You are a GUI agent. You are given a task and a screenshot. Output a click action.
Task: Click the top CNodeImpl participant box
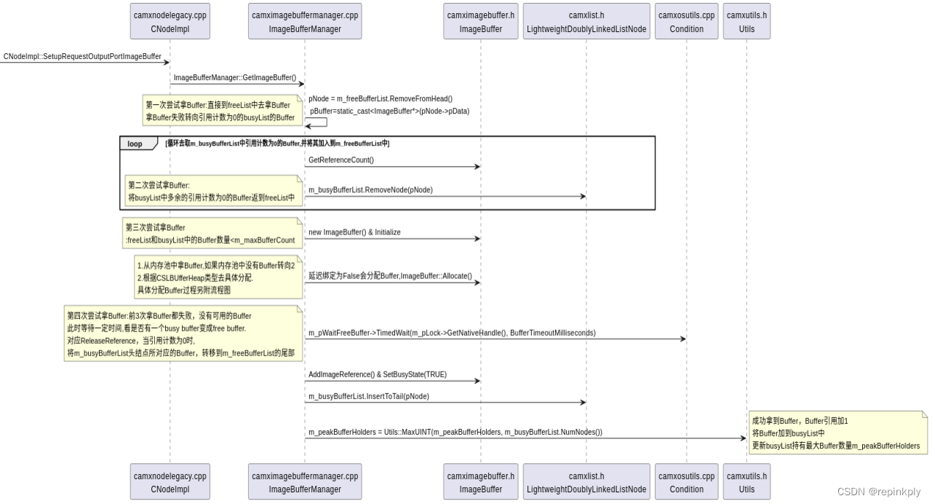pos(170,21)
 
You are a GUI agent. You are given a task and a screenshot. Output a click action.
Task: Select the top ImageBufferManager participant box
pos(305,21)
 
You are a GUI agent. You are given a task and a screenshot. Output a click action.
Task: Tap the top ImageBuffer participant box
pos(480,21)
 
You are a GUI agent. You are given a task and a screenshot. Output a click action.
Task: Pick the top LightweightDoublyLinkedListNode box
pos(586,21)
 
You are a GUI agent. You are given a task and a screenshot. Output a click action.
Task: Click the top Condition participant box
pos(686,21)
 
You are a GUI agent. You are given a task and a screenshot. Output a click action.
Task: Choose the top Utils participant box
pos(746,21)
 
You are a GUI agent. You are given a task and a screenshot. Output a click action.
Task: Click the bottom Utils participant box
pos(746,482)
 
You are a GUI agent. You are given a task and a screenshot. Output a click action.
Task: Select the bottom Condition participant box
pos(686,482)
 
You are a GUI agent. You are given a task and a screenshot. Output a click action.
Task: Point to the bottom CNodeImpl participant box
pos(170,482)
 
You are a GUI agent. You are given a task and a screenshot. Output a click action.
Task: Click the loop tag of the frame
pos(136,143)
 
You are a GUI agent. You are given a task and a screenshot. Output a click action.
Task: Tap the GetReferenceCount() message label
pos(341,160)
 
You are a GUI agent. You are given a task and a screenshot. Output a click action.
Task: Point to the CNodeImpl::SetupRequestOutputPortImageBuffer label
pos(82,56)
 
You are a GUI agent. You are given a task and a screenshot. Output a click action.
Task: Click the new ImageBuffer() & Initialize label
pos(354,232)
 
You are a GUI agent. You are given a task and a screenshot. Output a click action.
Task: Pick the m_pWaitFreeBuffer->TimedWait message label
pos(451,333)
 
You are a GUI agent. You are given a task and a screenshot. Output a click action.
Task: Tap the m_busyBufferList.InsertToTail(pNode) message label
pos(368,395)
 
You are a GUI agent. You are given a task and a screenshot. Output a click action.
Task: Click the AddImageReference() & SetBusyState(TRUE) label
pos(377,374)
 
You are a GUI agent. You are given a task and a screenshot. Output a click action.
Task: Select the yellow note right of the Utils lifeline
pos(837,433)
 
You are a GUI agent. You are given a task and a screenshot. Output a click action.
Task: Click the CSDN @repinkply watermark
pos(879,492)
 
